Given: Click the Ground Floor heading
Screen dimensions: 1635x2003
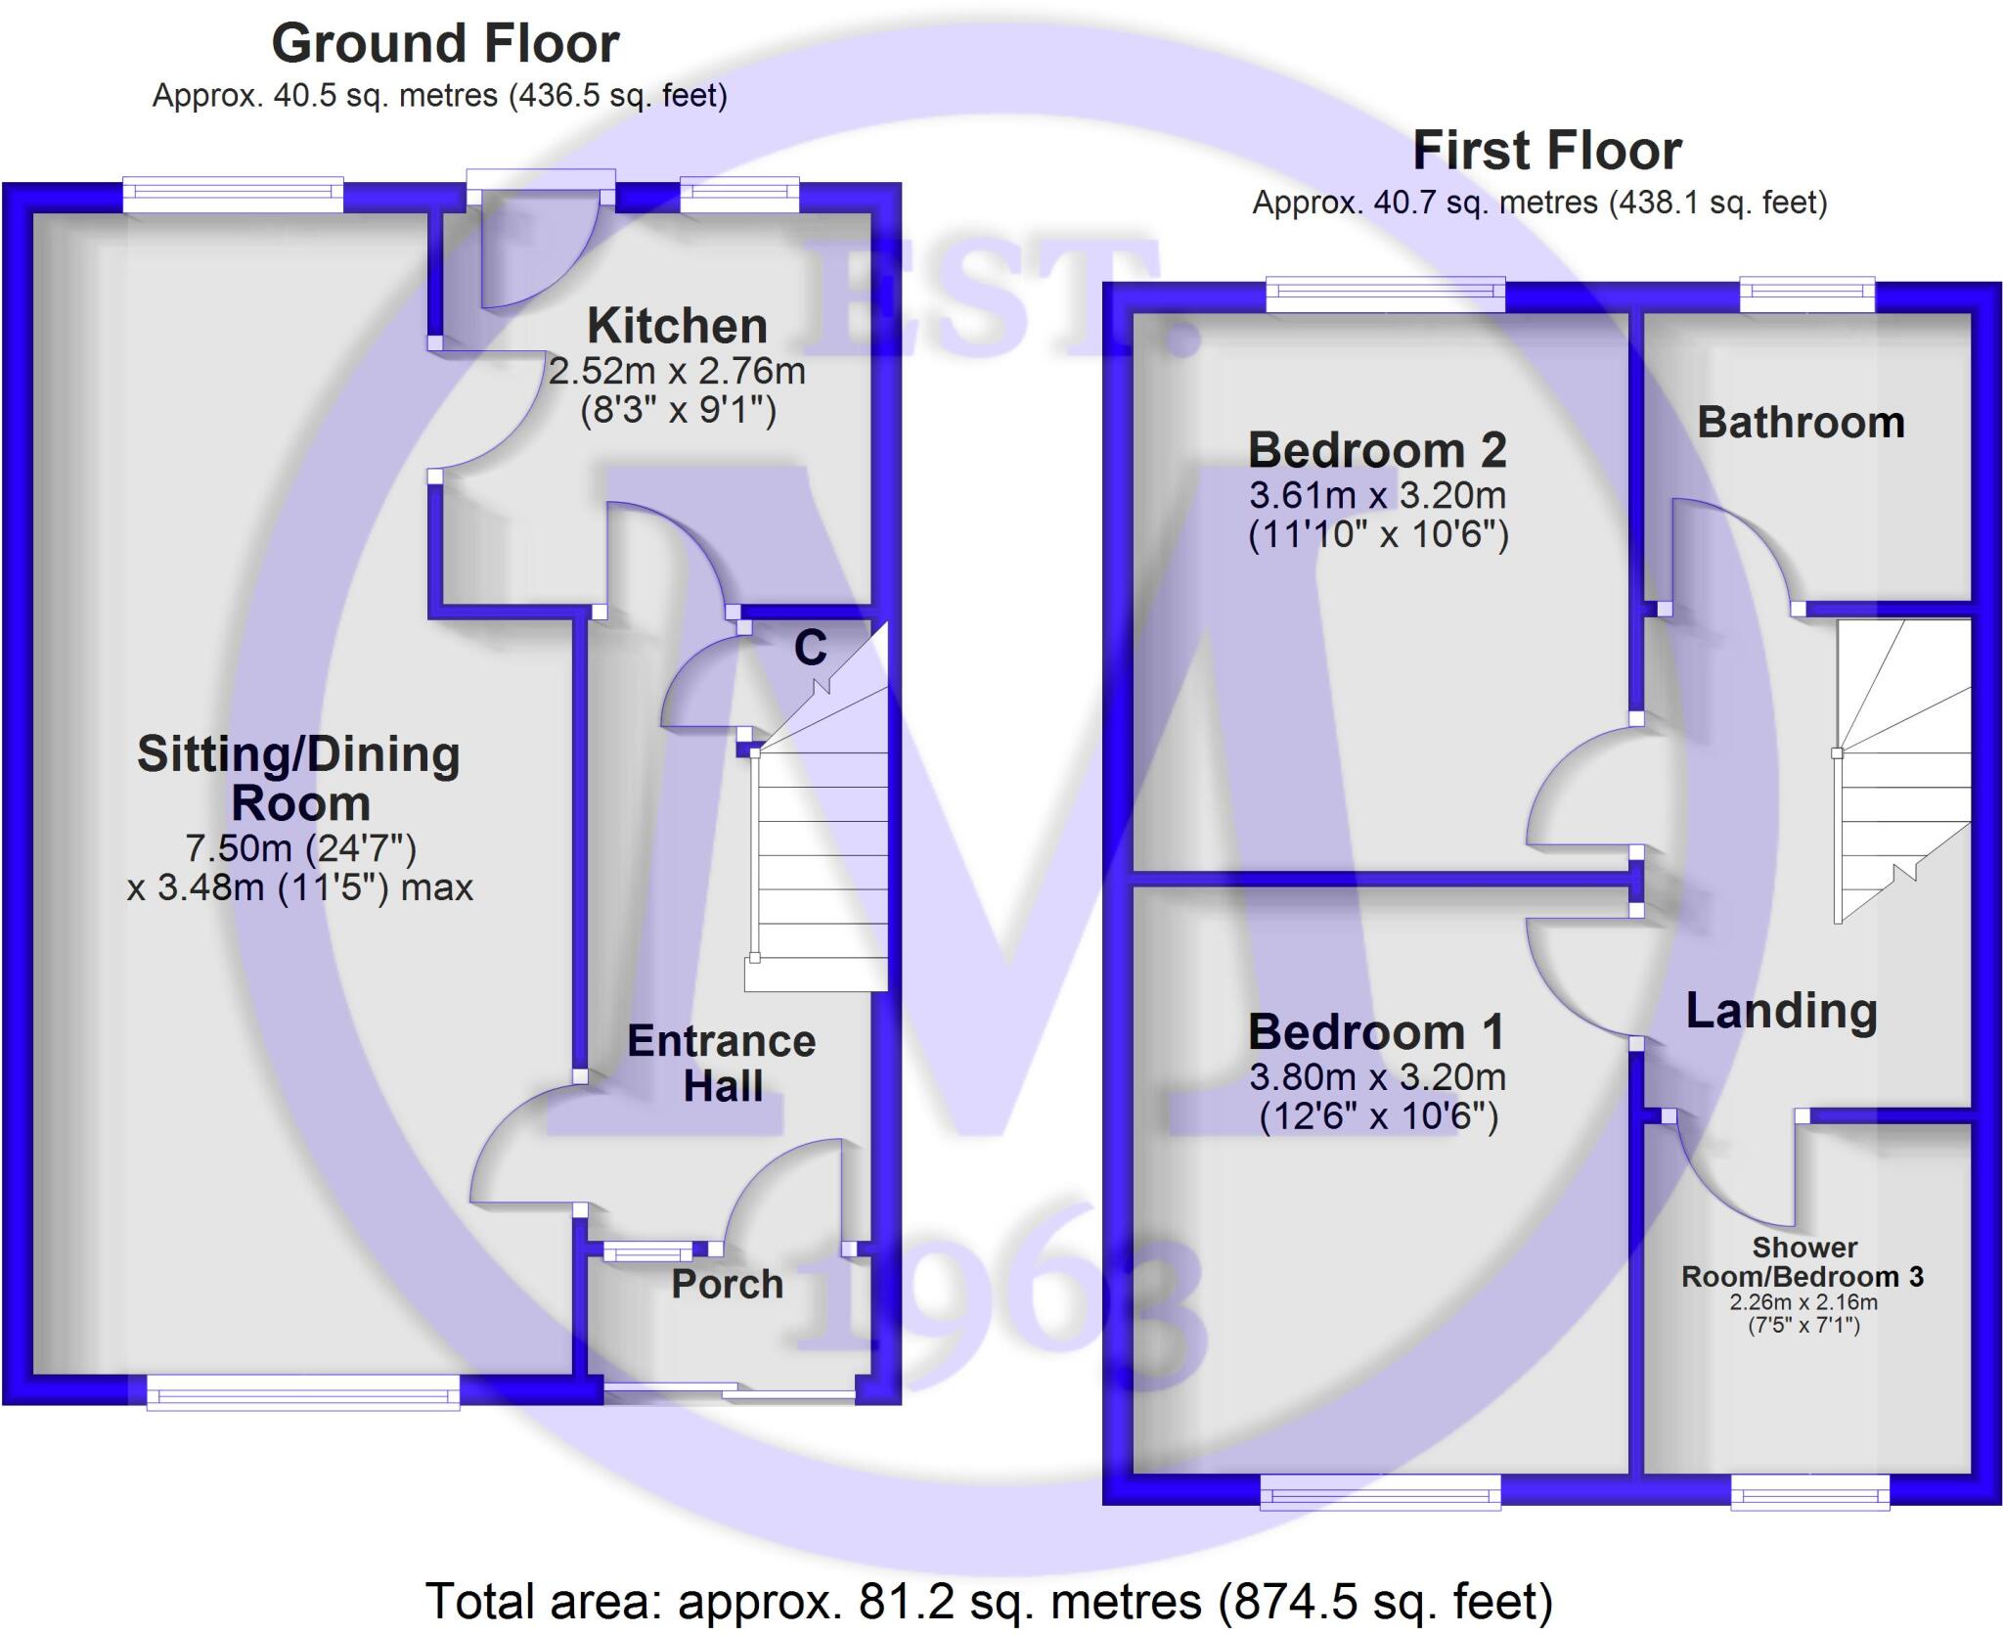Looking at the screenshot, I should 445,44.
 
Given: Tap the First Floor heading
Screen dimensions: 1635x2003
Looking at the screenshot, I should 1547,152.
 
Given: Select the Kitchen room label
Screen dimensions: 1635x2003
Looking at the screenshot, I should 677,326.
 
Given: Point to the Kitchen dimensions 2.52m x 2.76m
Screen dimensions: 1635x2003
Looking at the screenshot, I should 677,372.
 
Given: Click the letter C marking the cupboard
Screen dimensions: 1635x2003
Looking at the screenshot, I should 810,648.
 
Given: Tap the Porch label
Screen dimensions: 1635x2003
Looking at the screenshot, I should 728,1284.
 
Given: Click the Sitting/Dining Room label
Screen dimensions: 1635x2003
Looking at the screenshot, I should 299,779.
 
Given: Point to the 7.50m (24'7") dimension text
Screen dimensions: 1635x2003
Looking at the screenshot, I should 301,847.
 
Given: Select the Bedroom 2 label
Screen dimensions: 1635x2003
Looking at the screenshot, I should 1378,450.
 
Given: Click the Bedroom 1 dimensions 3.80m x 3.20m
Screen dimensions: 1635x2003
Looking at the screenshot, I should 1378,1077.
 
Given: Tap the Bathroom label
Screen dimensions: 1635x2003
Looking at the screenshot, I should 1801,423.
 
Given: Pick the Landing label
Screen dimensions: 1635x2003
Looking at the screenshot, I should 1781,1011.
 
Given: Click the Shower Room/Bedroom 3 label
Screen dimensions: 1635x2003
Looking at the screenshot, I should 1803,1262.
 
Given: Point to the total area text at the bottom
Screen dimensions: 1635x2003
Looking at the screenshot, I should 989,1602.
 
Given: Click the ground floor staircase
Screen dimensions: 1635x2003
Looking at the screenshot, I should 820,861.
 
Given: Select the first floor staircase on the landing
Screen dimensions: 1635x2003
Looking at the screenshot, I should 1903,773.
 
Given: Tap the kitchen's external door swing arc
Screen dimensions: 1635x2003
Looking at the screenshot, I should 538,254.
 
